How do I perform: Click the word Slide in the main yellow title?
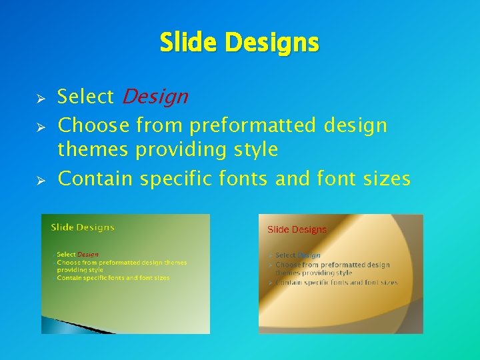coord(189,43)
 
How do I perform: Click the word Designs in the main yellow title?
coord(272,43)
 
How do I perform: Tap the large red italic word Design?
coord(155,97)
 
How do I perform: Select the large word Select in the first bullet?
coord(85,97)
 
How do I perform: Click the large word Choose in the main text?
coord(94,125)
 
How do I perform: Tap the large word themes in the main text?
coord(94,150)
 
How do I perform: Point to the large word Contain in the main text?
coord(96,179)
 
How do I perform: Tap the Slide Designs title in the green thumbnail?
coord(83,227)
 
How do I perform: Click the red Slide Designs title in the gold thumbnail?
coord(297,229)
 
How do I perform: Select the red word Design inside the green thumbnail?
coord(88,254)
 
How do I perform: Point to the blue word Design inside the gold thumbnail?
coord(309,255)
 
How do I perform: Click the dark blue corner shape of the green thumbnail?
coord(60,325)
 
